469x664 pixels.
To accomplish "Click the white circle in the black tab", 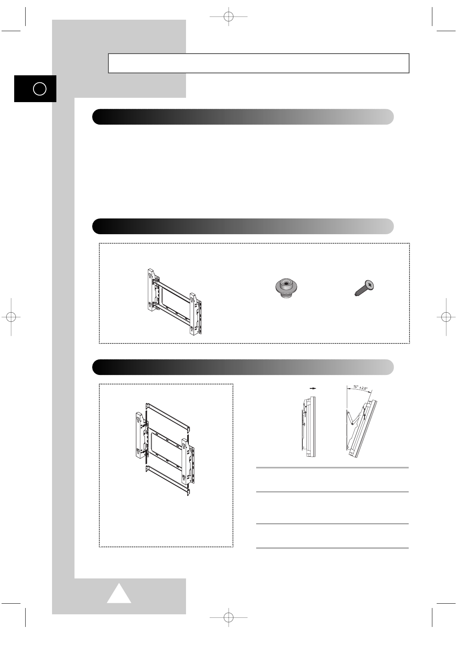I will (x=40, y=89).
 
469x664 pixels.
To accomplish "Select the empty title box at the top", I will (x=259, y=63).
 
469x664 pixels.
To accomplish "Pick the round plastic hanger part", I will (x=286, y=289).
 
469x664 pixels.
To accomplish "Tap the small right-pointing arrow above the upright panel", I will (x=312, y=388).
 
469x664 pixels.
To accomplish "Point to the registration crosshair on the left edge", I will (x=11, y=317).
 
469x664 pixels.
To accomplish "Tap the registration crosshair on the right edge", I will (x=446, y=317).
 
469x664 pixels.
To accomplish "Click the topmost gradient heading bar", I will (x=243, y=117).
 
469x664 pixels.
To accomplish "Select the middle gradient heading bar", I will (x=243, y=226).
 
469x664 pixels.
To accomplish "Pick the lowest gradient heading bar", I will (x=243, y=367).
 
